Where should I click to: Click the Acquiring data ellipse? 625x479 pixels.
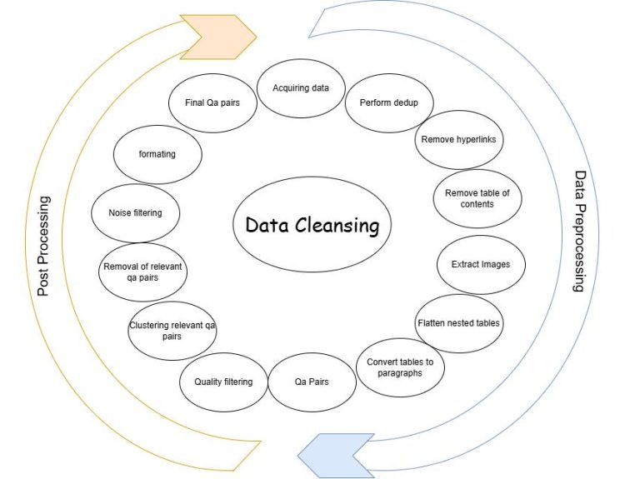point(301,88)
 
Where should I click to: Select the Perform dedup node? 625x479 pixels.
point(389,103)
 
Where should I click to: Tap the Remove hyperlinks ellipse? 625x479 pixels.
point(459,140)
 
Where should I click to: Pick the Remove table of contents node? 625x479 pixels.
point(477,199)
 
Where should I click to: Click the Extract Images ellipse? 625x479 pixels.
point(481,265)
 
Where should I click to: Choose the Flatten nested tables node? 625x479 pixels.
point(459,323)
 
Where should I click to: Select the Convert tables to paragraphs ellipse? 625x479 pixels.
point(400,367)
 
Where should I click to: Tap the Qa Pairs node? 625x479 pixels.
point(312,382)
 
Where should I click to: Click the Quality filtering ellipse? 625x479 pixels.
point(223,382)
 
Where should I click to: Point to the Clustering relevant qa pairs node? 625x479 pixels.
point(172,331)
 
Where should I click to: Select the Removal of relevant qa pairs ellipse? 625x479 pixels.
point(142,272)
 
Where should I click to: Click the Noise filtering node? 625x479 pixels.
point(136,213)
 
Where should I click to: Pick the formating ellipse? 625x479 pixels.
point(157,155)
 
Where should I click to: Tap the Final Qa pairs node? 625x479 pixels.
point(212,103)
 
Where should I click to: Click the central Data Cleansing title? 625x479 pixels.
point(312,225)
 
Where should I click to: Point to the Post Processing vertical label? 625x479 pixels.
point(43,247)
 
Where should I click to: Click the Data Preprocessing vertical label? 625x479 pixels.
point(580,232)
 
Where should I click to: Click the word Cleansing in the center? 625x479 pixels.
point(337,226)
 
